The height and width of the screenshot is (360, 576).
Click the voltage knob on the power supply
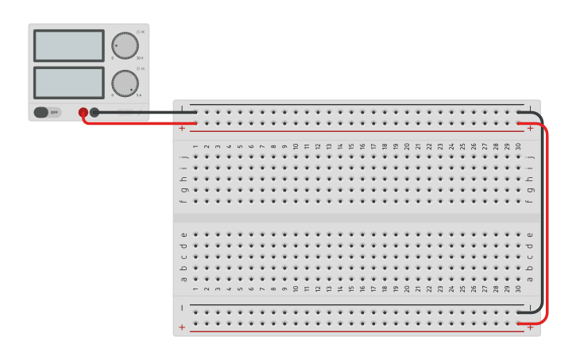[124, 45]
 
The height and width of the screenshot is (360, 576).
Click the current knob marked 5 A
[124, 83]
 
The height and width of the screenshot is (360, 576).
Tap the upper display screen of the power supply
[68, 45]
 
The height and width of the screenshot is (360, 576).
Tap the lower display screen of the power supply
[68, 83]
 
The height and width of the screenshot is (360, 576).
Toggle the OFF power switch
[47, 112]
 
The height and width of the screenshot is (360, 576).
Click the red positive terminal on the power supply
[83, 113]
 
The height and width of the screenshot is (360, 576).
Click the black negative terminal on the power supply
[95, 113]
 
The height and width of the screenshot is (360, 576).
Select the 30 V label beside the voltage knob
[141, 58]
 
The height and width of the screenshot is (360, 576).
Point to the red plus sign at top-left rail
[182, 127]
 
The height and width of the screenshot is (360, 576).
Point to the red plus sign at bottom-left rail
[182, 327]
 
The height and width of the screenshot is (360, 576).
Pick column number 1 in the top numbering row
[195, 146]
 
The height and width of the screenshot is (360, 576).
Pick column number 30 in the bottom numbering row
[518, 289]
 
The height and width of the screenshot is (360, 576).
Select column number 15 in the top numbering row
[351, 146]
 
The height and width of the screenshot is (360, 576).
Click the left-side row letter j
[184, 157]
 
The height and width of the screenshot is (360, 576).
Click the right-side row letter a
[530, 279]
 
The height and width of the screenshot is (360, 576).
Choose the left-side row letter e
[184, 234]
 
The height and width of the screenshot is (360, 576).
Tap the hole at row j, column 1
[195, 157]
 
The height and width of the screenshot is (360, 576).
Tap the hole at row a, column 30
[518, 279]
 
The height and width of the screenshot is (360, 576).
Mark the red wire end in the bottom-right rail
[520, 323]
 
